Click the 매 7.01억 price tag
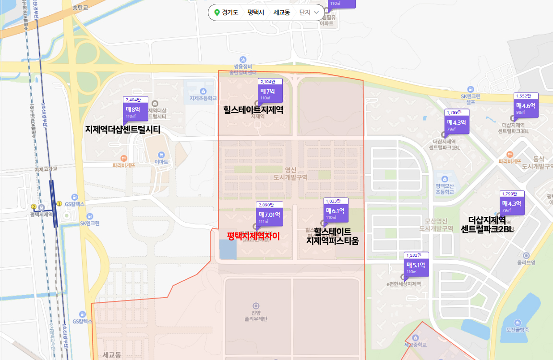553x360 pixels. (x=269, y=215)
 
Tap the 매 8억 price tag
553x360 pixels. (x=135, y=109)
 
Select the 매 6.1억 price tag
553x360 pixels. (x=337, y=211)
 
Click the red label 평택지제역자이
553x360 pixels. (x=253, y=236)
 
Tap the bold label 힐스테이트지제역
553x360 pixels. (x=253, y=110)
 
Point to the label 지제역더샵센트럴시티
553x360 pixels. (x=122, y=130)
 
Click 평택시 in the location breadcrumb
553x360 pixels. (x=256, y=12)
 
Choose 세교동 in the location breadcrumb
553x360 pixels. (x=282, y=12)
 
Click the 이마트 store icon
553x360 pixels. (x=161, y=155)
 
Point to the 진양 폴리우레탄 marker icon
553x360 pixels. (x=255, y=305)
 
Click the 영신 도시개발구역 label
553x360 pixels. (x=290, y=173)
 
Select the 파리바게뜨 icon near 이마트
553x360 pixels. (x=124, y=157)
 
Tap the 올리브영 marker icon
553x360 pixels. (x=526, y=255)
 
